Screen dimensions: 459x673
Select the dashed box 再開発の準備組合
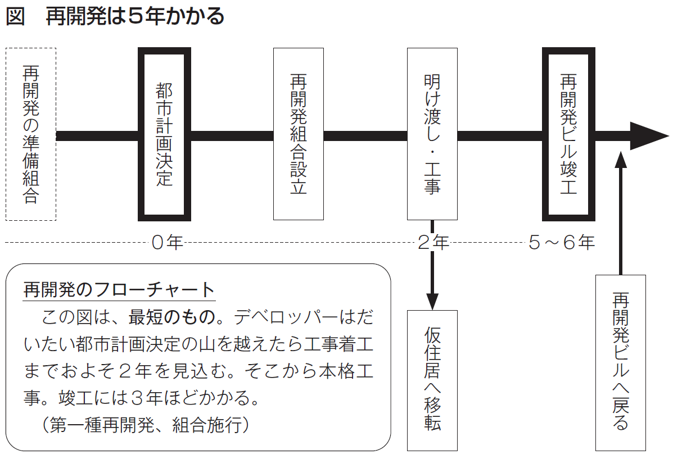pyautogui.click(x=31, y=134)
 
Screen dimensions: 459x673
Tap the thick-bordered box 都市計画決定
pyautogui.click(x=164, y=134)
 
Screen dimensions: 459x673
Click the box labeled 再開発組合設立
pyautogui.click(x=298, y=134)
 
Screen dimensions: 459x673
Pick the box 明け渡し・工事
pyautogui.click(x=432, y=134)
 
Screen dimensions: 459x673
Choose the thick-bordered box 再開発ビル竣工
pyautogui.click(x=568, y=134)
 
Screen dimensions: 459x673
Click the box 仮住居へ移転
pyautogui.click(x=432, y=380)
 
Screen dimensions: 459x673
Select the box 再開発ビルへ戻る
pyautogui.click(x=620, y=362)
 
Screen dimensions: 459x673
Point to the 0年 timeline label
pyautogui.click(x=168, y=243)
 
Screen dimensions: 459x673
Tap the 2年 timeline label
pyautogui.click(x=433, y=243)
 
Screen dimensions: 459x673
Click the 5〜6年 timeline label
pyautogui.click(x=561, y=243)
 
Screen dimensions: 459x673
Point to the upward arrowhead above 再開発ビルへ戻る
pyautogui.click(x=620, y=159)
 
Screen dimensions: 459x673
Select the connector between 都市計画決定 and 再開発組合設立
pyautogui.click(x=232, y=135)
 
